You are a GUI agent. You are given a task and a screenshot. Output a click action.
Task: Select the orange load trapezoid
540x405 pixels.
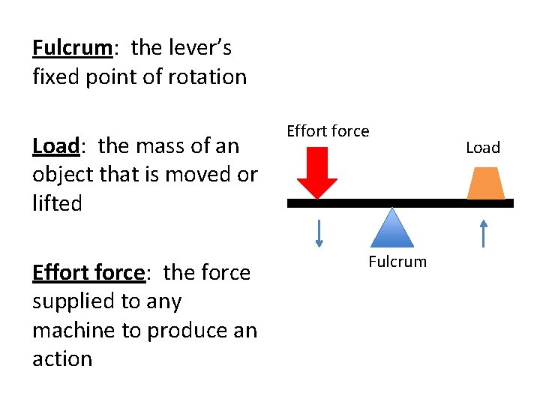485,182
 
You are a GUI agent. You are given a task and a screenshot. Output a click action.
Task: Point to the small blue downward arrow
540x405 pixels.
319,232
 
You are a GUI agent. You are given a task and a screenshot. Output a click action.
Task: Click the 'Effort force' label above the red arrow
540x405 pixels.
328,131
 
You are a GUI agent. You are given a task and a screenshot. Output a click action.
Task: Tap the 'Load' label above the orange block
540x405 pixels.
482,148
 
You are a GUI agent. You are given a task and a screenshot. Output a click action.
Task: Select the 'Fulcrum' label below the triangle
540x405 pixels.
397,262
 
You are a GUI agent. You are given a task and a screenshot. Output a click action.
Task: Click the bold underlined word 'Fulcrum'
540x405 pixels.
72,48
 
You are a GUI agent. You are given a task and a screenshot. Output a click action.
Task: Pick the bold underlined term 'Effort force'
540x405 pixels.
88,272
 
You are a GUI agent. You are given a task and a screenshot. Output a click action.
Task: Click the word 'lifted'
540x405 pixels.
57,203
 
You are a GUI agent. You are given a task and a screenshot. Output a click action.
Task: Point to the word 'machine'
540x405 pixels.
76,331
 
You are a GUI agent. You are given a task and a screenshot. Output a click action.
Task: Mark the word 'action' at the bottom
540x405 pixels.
62,359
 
